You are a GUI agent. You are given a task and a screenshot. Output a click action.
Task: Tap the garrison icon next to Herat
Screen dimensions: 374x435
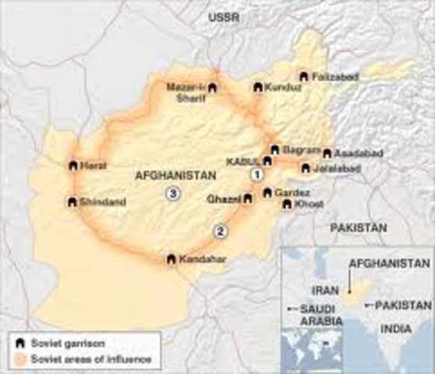(72, 165)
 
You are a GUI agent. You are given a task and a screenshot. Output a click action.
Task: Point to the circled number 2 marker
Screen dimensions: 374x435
(221, 230)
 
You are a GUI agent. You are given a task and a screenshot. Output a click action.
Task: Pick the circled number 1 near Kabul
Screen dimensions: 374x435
(253, 176)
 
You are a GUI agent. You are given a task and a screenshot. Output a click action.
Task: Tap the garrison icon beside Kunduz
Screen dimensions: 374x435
(257, 88)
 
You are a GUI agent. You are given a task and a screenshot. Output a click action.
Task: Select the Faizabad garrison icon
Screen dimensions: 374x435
(303, 76)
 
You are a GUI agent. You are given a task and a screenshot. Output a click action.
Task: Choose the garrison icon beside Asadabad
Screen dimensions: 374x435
(326, 153)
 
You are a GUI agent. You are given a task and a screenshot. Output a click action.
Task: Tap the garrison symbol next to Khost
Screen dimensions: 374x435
(287, 204)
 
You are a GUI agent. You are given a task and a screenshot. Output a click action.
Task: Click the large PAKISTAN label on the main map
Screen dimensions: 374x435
(358, 228)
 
